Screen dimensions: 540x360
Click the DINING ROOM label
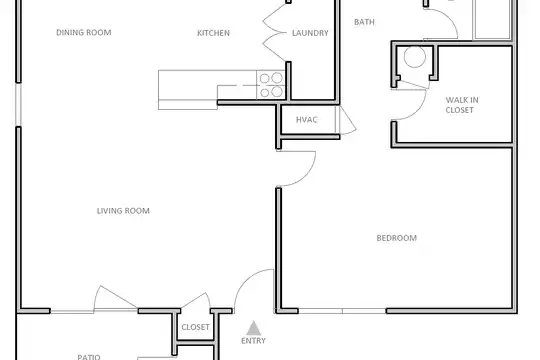tap(84, 32)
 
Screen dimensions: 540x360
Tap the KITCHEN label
tap(213, 33)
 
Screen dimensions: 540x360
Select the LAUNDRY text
tap(310, 33)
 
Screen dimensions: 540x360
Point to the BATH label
tap(364, 22)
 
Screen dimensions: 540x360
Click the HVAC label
tap(307, 120)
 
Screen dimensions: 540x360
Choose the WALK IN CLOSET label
tap(462, 105)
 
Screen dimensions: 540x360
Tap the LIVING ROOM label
tap(123, 211)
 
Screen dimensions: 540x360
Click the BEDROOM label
tap(396, 238)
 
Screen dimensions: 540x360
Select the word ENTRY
tap(253, 341)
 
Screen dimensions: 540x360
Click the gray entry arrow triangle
tap(253, 329)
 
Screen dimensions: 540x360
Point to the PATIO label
tap(89, 357)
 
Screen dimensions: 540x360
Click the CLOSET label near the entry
tap(195, 327)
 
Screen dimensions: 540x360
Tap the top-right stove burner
tap(277, 78)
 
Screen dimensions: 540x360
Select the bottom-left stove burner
tap(264, 93)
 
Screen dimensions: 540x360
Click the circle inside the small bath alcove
tap(415, 57)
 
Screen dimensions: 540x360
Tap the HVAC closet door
tap(348, 120)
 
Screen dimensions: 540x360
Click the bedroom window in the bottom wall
tap(342, 311)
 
